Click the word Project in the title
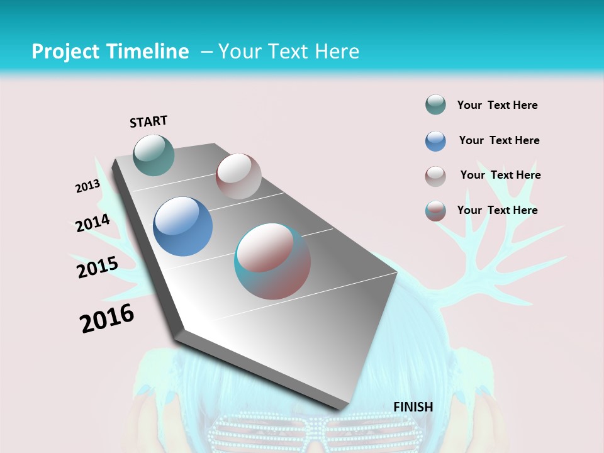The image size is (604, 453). pyautogui.click(x=64, y=52)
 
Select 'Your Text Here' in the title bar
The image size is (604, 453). pyautogui.click(x=288, y=52)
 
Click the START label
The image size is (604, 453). pyautogui.click(x=148, y=121)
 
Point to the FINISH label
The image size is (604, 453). pyautogui.click(x=413, y=407)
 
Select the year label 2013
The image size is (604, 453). pyautogui.click(x=88, y=186)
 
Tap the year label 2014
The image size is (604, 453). pyautogui.click(x=92, y=223)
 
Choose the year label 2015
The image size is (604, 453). pyautogui.click(x=98, y=267)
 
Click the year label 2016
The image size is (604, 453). pyautogui.click(x=107, y=318)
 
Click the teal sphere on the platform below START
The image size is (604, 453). pyautogui.click(x=154, y=155)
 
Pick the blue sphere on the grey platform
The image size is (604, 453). pyautogui.click(x=183, y=226)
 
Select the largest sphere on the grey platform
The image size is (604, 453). pyautogui.click(x=272, y=261)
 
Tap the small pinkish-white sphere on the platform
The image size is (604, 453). pyautogui.click(x=238, y=176)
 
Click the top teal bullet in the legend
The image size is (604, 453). pyautogui.click(x=435, y=105)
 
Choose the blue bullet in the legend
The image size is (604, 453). pyautogui.click(x=435, y=141)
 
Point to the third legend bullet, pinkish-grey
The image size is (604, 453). pyautogui.click(x=435, y=176)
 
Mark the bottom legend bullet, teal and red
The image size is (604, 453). pyautogui.click(x=435, y=211)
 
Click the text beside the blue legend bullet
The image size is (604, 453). pyautogui.click(x=499, y=140)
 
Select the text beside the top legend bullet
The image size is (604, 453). pyautogui.click(x=497, y=105)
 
